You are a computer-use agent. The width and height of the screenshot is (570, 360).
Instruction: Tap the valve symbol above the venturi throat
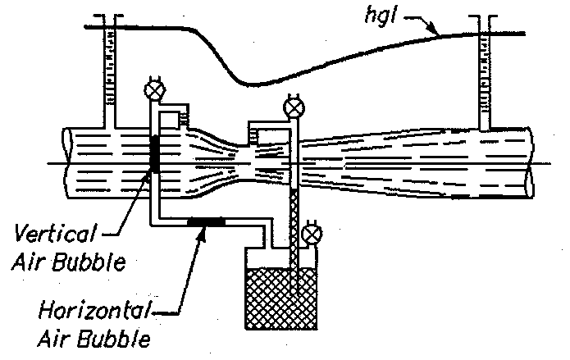point(292,107)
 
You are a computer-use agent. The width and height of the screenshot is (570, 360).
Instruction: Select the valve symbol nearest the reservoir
point(311,235)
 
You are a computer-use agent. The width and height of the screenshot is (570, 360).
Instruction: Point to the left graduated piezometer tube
point(106,74)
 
